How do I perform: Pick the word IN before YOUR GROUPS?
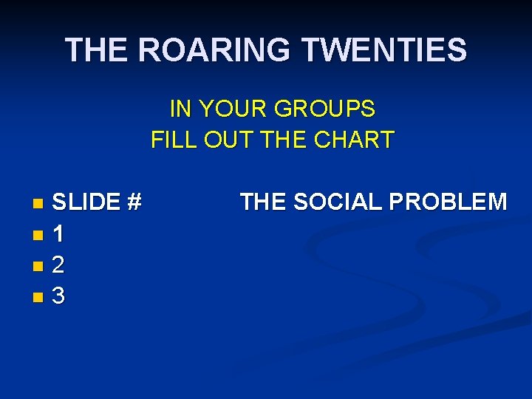pos(178,109)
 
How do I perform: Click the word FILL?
pos(172,140)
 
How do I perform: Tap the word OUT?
pos(225,140)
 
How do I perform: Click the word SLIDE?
pos(86,202)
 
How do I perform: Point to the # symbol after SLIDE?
pos(134,202)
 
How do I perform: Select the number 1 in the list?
pos(58,234)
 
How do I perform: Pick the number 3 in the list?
pos(58,296)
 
